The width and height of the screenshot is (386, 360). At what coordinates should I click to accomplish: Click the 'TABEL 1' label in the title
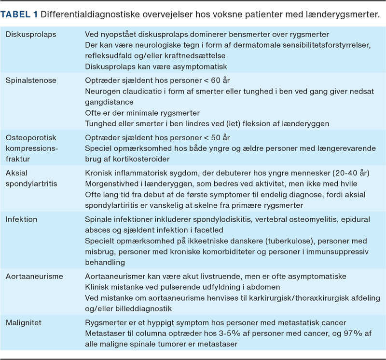coord(19,14)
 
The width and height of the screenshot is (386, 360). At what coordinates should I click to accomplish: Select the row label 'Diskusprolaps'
coord(28,35)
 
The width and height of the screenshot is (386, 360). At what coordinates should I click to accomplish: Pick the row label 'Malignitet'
coord(24,322)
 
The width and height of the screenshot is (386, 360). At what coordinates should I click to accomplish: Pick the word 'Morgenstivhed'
coord(110,184)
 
